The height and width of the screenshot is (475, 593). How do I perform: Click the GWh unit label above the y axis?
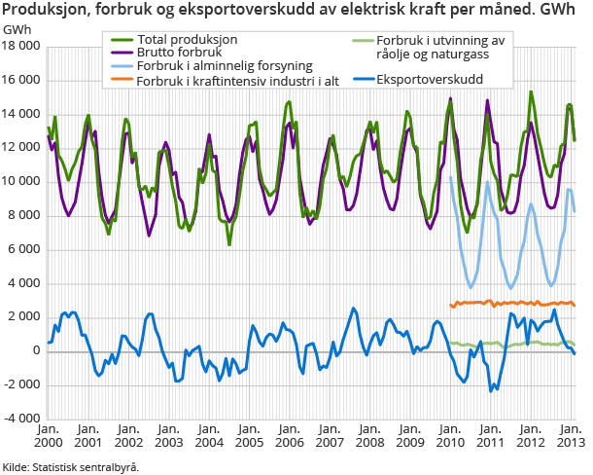pyautogui.click(x=17, y=28)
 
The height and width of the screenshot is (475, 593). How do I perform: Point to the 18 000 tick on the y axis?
pyautogui.click(x=21, y=47)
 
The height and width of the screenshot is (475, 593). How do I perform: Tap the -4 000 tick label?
pyautogui.click(x=21, y=419)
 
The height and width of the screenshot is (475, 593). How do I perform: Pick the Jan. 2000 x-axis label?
pyautogui.click(x=48, y=435)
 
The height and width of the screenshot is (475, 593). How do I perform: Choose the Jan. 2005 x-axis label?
pyautogui.click(x=248, y=435)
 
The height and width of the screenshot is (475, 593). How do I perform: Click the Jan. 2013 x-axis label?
pyautogui.click(x=570, y=435)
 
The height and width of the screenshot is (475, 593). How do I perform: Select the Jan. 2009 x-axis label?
pyautogui.click(x=408, y=435)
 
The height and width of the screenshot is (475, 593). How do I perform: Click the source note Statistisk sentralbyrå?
pyautogui.click(x=71, y=467)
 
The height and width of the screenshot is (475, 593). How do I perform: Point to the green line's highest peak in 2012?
pyautogui.click(x=531, y=92)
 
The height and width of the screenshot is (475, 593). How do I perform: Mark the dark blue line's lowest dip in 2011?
pyautogui.click(x=493, y=389)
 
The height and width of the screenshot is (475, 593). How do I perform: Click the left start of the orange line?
pyautogui.click(x=451, y=305)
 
